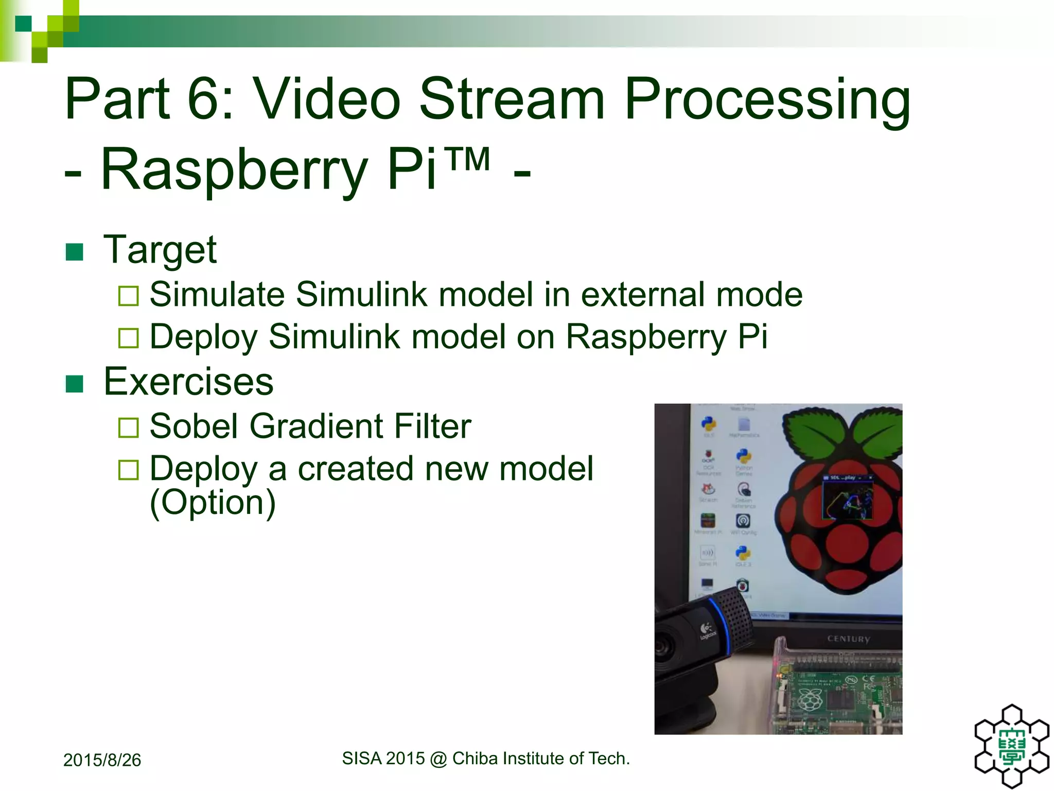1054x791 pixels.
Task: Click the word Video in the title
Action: [x=328, y=98]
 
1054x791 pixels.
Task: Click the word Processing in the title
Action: [x=767, y=98]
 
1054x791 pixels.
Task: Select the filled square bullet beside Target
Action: [x=75, y=252]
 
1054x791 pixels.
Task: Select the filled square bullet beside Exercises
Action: [x=75, y=384]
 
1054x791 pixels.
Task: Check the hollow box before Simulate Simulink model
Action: [x=128, y=296]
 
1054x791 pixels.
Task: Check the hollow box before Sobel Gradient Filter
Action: [x=128, y=427]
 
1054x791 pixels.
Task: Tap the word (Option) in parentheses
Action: [x=213, y=502]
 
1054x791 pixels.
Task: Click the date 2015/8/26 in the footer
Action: [x=102, y=760]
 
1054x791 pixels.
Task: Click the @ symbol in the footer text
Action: [x=438, y=759]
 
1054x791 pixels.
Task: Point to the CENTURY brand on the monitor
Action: [x=848, y=639]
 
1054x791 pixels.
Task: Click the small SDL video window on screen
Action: [x=847, y=497]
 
